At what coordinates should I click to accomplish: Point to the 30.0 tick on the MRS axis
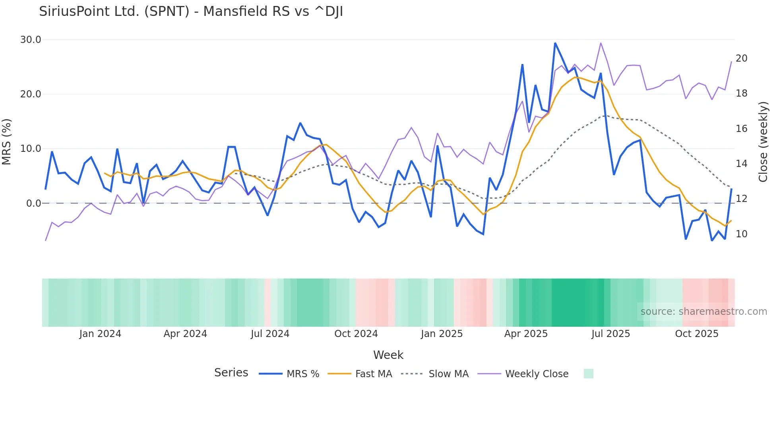[31, 40]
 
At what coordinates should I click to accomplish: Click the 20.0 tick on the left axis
[31, 94]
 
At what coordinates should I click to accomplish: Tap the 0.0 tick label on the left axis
[33, 203]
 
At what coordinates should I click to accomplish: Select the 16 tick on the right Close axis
[741, 129]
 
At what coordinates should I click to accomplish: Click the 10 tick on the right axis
[741, 234]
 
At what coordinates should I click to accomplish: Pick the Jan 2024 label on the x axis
[100, 334]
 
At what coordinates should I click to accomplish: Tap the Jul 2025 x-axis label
[610, 334]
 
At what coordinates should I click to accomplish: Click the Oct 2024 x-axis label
[356, 334]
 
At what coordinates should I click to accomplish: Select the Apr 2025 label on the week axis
[526, 334]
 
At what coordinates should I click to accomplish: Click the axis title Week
[388, 355]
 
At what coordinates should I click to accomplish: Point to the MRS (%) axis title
[7, 141]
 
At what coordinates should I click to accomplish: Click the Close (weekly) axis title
[763, 141]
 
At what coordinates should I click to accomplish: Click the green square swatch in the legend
[588, 374]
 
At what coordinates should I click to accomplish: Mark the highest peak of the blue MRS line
[555, 43]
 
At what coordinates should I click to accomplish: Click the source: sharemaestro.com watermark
[703, 312]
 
